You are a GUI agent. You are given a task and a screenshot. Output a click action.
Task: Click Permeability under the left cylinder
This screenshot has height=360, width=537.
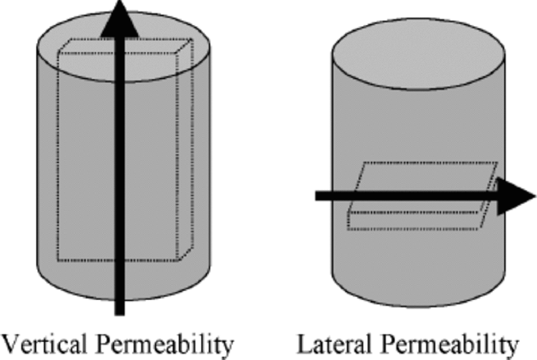pyautogui.click(x=167, y=346)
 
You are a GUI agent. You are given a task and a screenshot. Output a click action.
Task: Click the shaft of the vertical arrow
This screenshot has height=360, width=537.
pyautogui.click(x=119, y=164)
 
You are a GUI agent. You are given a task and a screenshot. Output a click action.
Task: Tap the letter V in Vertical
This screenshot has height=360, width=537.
pyautogui.click(x=12, y=346)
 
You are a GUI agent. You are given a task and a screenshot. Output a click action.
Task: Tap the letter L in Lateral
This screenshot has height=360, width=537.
pyautogui.click(x=305, y=346)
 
